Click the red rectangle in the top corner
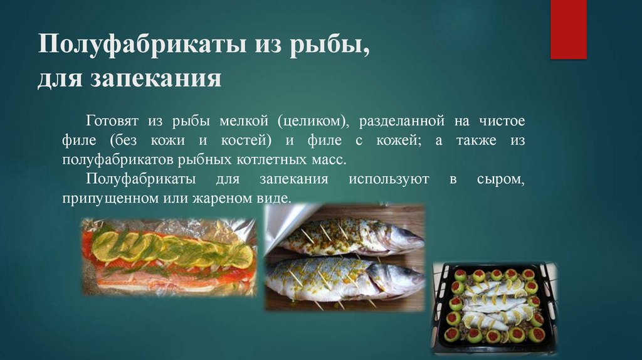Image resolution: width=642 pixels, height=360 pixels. tap(567, 29)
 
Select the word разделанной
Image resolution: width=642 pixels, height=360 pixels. tap(397, 120)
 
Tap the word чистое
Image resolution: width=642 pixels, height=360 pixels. tap(502, 120)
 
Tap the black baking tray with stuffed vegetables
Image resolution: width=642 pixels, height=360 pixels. tap(493, 307)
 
